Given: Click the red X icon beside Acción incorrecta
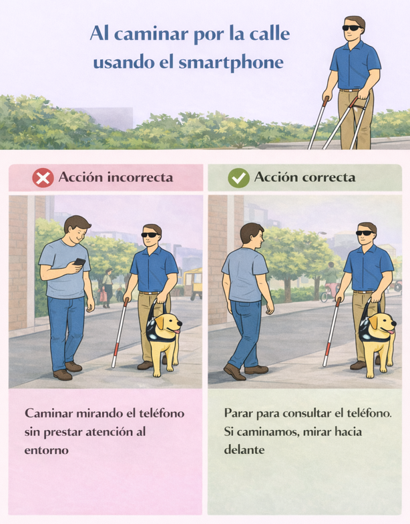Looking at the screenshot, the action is tap(43, 178).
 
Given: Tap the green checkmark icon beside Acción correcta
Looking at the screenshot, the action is tap(238, 178).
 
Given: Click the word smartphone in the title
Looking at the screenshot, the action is tap(231, 63).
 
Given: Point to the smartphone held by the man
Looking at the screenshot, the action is tap(79, 261).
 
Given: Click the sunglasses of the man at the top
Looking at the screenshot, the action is tap(352, 28).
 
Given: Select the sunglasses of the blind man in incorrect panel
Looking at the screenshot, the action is tap(150, 235).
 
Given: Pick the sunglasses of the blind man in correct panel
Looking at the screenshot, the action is tap(365, 233).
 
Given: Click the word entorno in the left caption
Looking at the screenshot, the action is tap(47, 450).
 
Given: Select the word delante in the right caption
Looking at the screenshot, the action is tap(244, 449).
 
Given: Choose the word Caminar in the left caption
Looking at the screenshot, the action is tap(49, 413).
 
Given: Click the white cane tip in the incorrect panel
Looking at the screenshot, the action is tap(114, 365).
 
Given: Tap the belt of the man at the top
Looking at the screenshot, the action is tap(350, 90).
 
